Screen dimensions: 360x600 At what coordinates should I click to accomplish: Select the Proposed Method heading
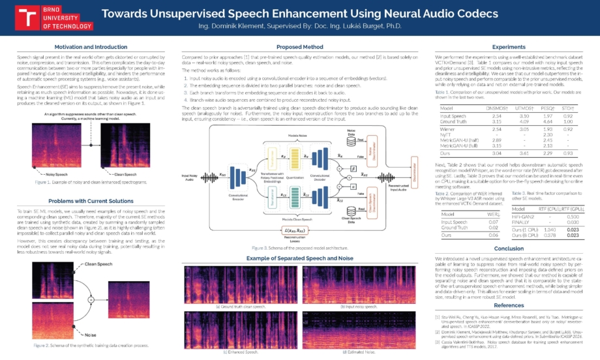tap(299, 47)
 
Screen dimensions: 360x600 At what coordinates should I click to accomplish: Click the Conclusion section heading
tap(508, 248)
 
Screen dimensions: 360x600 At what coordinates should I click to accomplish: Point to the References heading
tap(508, 305)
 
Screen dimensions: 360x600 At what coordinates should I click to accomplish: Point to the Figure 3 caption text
tap(299, 248)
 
